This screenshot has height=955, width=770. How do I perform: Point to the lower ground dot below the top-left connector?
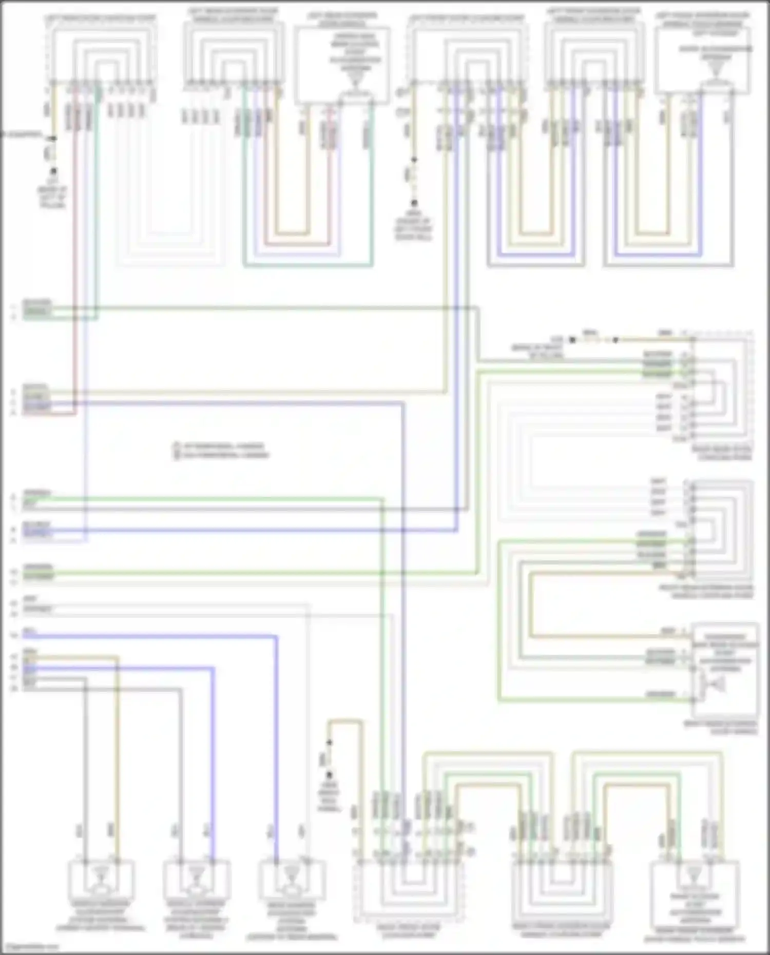53,171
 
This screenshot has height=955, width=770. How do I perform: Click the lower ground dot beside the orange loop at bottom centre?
329,775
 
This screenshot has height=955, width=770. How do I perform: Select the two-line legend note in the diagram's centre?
221,450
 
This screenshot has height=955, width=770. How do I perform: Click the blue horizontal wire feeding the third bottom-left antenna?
154,637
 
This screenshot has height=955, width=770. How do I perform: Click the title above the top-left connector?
100,18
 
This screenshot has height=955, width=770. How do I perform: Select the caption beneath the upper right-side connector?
721,453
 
